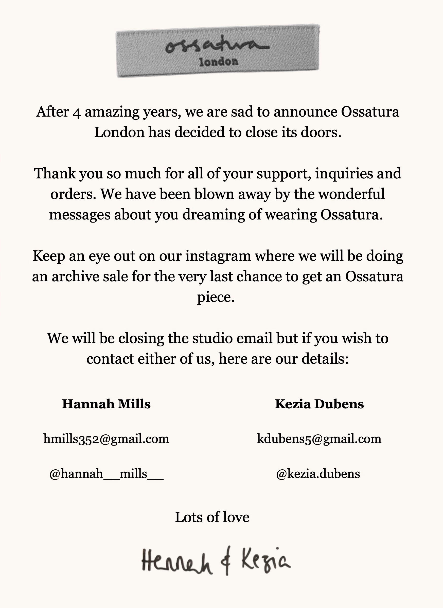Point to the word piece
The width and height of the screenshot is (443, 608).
[x=216, y=297]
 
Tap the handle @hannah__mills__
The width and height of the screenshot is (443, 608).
[x=107, y=474]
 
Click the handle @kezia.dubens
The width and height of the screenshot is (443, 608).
[x=318, y=474]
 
